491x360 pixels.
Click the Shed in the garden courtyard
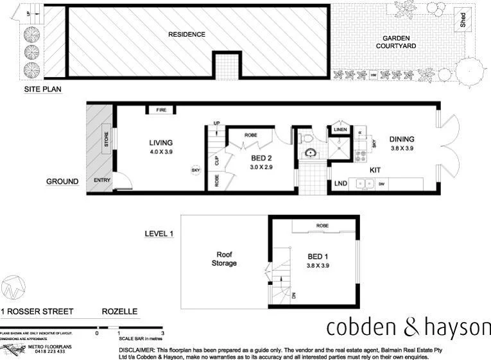click(461, 20)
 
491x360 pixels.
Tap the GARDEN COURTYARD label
click(395, 42)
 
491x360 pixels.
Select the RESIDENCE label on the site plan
click(187, 34)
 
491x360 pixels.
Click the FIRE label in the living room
click(161, 110)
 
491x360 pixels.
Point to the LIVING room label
click(161, 142)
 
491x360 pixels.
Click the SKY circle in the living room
click(195, 170)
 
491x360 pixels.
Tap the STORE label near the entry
click(107, 140)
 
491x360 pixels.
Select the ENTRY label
click(102, 180)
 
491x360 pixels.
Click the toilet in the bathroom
click(307, 137)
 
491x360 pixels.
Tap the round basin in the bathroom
click(311, 153)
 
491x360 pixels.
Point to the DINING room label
click(402, 139)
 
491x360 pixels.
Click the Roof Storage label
click(225, 258)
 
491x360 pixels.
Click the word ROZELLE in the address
click(119, 311)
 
